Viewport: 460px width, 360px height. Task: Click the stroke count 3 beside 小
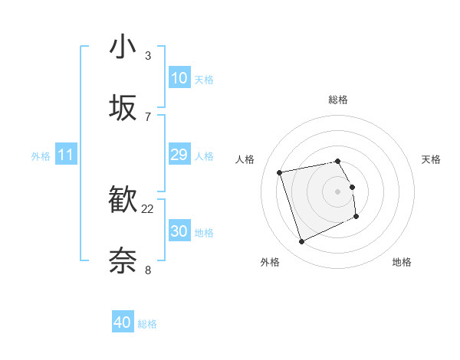pos(148,56)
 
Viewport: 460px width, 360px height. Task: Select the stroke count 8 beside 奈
pos(148,270)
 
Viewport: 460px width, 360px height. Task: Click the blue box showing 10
pos(179,78)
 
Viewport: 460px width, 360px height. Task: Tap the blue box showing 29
pos(179,155)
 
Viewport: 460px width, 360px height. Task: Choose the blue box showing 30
pos(179,231)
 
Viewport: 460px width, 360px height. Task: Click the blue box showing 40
pos(123,322)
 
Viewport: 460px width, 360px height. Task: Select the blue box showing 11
pos(65,155)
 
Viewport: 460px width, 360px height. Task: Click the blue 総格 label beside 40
pos(147,324)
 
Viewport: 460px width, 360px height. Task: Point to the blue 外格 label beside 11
pos(41,156)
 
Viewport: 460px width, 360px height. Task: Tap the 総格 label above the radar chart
pos(338,100)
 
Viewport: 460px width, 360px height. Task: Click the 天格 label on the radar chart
pos(432,159)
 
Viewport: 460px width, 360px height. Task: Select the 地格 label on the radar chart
pos(402,262)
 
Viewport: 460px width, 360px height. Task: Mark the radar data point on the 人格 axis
pos(280,172)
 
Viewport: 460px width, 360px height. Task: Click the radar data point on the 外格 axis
pos(301,242)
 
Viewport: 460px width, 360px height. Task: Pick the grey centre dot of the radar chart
pos(338,191)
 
